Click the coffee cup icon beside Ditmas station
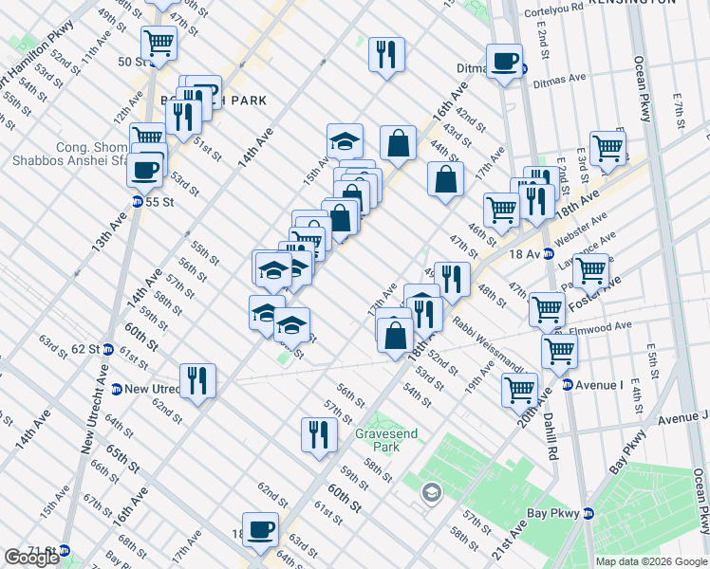505,62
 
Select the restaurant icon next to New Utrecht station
197,381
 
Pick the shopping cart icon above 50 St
159,42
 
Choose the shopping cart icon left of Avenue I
520,389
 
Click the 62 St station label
82,348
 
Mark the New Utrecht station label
152,389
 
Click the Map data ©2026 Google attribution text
651,561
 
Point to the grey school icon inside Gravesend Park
431,492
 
